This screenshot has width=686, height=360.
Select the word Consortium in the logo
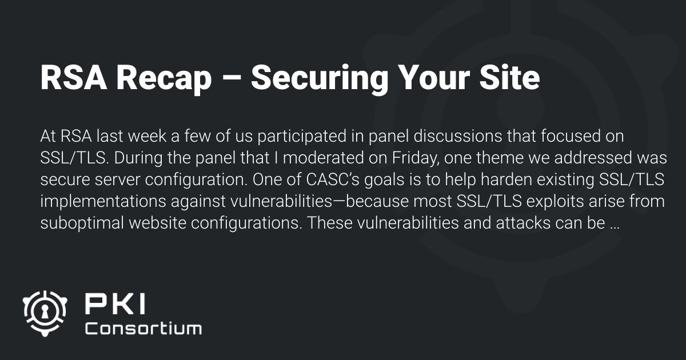pyautogui.click(x=143, y=329)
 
